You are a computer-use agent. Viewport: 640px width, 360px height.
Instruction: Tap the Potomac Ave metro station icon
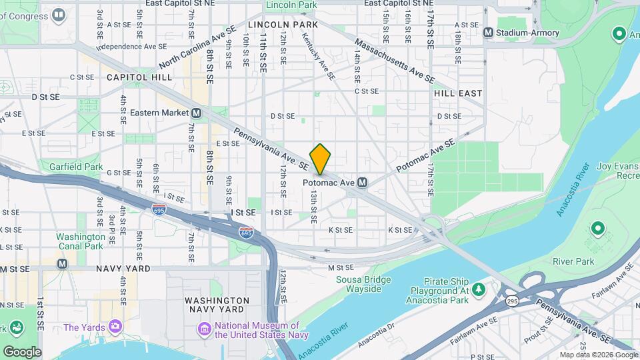click(363, 182)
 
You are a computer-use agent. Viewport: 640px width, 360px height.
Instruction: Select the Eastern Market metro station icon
click(197, 113)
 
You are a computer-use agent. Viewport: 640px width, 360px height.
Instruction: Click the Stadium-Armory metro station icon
click(489, 32)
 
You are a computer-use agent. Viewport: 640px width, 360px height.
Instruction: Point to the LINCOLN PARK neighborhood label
click(283, 24)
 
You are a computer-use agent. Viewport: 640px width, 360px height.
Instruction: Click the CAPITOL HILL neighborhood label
click(139, 77)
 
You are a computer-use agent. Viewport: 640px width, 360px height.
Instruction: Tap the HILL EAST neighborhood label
click(458, 93)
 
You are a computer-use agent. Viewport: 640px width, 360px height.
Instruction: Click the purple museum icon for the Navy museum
click(203, 329)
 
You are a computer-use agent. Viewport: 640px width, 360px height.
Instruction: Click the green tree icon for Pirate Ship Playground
click(478, 289)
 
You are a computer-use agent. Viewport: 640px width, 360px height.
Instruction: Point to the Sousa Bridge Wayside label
click(359, 284)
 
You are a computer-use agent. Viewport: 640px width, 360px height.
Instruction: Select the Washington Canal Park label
click(80, 241)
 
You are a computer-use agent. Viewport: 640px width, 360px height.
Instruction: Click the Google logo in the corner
click(22, 351)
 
